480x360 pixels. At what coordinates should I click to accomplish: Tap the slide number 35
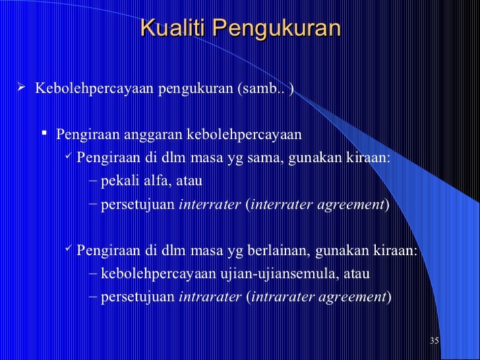(x=434, y=341)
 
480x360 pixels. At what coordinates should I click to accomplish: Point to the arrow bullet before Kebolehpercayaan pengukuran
(x=21, y=88)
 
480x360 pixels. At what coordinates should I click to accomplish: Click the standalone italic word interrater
(x=210, y=205)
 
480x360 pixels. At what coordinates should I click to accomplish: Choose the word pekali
(x=113, y=181)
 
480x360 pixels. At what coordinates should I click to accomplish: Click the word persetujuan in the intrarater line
(x=136, y=297)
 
